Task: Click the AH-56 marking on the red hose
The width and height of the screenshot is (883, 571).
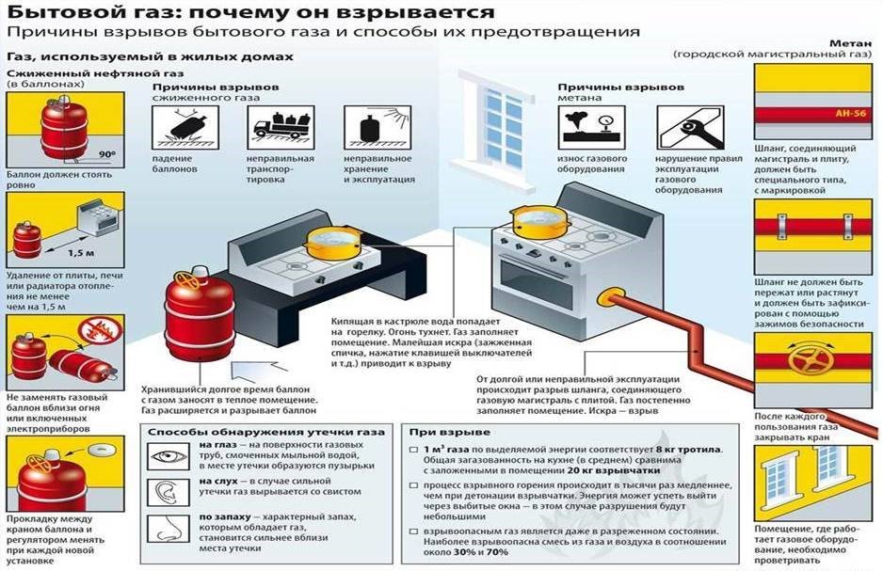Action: [850, 114]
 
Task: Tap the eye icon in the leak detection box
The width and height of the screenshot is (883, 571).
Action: [169, 455]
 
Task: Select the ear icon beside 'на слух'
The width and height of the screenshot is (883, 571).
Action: [169, 492]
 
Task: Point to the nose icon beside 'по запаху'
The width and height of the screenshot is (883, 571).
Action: [169, 529]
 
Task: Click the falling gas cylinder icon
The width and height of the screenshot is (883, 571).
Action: [185, 128]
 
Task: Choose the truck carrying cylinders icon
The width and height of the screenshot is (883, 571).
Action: [281, 128]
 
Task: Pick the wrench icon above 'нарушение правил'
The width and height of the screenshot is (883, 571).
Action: [690, 128]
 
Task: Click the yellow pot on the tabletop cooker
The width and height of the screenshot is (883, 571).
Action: [333, 242]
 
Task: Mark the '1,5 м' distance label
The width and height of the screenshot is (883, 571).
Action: [81, 253]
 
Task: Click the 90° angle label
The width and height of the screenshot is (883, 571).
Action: [107, 154]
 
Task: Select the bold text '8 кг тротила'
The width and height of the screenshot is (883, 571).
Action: [689, 450]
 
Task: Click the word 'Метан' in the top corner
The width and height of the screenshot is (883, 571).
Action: [850, 43]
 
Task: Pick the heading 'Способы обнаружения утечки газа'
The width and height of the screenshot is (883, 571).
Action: [266, 432]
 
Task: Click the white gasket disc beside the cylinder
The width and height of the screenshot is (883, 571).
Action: [102, 451]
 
